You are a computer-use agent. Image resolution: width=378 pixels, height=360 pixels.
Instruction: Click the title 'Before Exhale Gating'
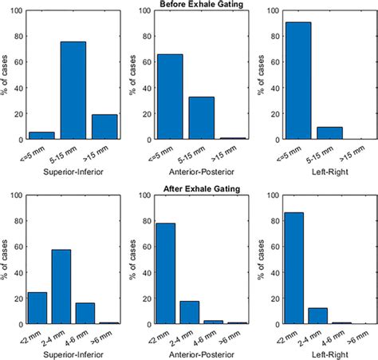[189, 5]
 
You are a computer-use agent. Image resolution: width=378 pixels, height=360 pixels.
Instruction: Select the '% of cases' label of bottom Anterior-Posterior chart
[136, 260]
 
